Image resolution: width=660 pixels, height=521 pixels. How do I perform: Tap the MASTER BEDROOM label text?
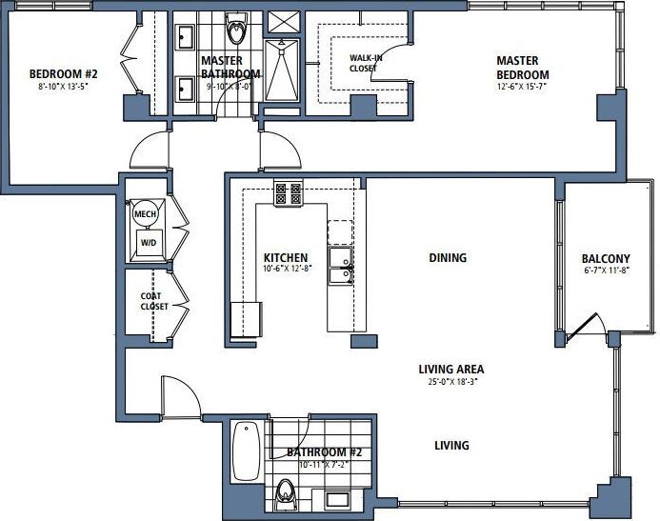[x=523, y=68]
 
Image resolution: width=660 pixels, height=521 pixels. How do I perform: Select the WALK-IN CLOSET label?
[x=364, y=63]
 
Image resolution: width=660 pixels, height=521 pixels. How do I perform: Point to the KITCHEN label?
[x=286, y=258]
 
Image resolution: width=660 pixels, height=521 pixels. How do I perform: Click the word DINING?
[x=447, y=257]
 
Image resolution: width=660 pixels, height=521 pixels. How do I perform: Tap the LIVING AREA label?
[x=451, y=370]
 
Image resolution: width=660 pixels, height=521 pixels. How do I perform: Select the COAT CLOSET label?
[x=154, y=300]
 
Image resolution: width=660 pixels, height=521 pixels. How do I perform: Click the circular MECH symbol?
[x=145, y=214]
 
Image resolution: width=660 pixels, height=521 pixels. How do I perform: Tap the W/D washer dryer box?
[x=149, y=243]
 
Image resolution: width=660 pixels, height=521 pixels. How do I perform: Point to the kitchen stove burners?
[x=288, y=193]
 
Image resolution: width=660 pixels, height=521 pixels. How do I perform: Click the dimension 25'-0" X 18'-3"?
[x=451, y=383]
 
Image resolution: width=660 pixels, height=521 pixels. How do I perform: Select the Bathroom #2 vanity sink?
[x=337, y=498]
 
